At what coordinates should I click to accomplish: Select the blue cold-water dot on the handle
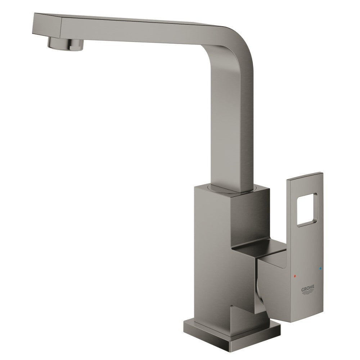click(x=320, y=269)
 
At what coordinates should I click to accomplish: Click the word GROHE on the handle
click(x=308, y=288)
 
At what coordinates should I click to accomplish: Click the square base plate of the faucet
click(x=232, y=332)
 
